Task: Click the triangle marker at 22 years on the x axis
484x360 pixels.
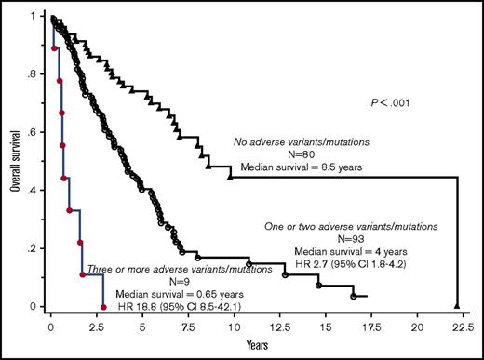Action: (x=457, y=305)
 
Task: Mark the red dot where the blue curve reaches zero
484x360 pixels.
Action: (x=103, y=307)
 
